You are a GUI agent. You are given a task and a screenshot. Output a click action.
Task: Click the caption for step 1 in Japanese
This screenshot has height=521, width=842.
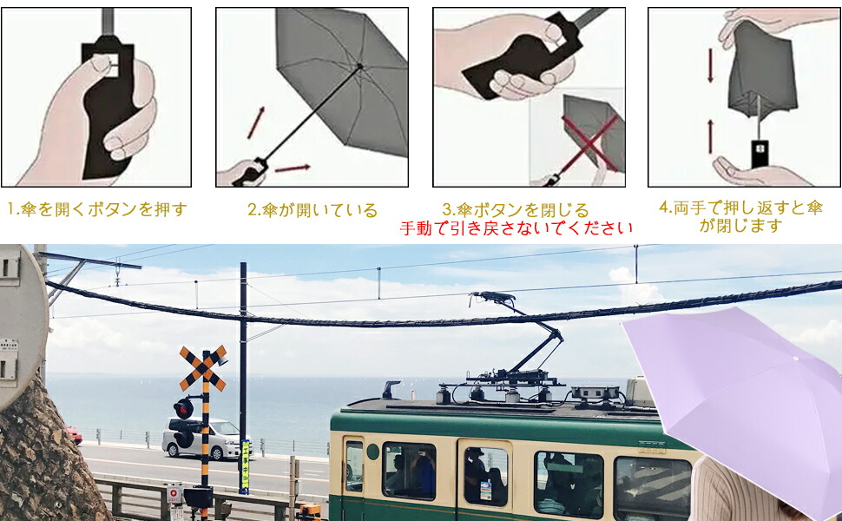(x=97, y=209)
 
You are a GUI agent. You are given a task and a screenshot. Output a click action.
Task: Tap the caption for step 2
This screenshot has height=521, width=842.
(x=312, y=210)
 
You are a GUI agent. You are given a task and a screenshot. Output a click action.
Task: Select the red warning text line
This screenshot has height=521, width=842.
(x=516, y=228)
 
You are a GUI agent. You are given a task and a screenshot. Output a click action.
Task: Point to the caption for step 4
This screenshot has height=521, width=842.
(x=740, y=216)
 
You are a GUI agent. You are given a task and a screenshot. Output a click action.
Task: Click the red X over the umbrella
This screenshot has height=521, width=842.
(x=590, y=144)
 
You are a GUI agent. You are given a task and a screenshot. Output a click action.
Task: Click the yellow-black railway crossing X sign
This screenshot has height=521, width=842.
(x=203, y=368)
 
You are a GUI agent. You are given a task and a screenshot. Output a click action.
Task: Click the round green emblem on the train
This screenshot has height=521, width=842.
(x=372, y=452)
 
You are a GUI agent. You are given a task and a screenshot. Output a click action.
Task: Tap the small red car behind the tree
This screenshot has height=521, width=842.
(x=76, y=435)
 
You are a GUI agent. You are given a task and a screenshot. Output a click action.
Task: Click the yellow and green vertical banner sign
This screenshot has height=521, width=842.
(x=245, y=466)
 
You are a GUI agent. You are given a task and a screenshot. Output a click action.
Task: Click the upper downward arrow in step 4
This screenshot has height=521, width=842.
(x=710, y=65)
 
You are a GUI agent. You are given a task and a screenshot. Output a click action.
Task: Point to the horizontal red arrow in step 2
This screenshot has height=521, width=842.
(x=293, y=168)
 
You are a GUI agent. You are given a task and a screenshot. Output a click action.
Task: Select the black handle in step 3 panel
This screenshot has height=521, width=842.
(x=523, y=56)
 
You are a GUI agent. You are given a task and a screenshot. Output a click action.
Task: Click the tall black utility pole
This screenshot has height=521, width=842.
(x=243, y=366)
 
